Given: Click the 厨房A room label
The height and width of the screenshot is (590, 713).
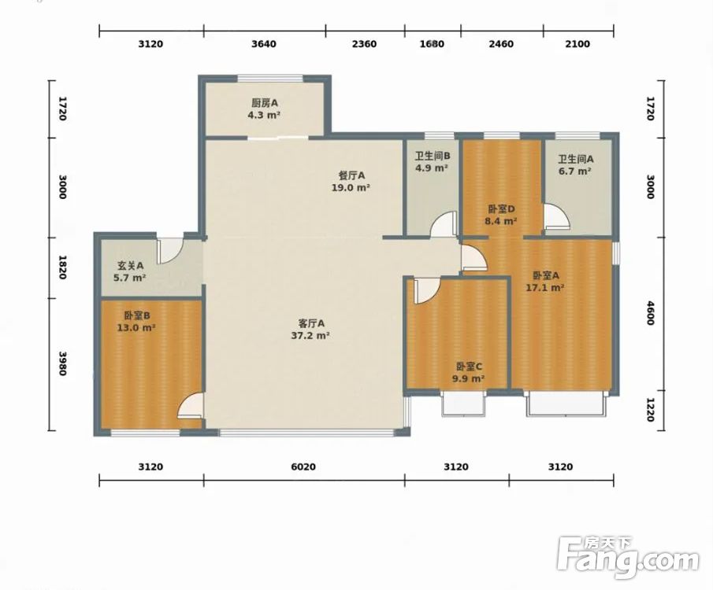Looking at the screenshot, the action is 265,103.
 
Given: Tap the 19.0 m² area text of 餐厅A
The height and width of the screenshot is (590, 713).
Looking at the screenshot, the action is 351,187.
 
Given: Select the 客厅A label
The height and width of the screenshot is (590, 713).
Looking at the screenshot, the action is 311,323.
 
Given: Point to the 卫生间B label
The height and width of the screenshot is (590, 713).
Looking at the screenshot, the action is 433,157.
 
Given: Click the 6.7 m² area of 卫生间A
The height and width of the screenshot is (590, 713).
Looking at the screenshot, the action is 575,171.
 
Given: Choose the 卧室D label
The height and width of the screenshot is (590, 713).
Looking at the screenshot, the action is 501,209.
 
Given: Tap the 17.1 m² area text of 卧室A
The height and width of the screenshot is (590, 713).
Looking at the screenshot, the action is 545,287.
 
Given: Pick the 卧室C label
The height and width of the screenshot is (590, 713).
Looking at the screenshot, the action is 470,367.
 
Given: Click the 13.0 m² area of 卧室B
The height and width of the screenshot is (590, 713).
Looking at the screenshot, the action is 136,327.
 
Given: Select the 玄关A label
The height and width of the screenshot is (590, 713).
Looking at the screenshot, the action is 131,266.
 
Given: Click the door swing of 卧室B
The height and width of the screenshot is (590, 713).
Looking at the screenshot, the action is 190,405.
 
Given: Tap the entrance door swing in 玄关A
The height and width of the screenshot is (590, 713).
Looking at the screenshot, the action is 170,251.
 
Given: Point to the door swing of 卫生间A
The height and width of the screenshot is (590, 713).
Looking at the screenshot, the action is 557,216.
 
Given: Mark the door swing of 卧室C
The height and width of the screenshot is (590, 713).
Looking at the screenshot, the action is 427,291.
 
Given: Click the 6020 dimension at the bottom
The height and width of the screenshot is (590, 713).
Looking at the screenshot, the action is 303,467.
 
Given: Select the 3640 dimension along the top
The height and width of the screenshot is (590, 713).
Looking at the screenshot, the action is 264,44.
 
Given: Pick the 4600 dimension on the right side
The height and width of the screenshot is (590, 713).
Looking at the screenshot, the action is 650,313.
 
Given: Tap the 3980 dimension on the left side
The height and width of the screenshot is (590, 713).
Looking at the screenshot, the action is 63,363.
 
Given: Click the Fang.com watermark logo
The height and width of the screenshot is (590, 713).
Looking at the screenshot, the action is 627,558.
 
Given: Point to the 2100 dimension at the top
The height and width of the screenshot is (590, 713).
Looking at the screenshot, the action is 577,44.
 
